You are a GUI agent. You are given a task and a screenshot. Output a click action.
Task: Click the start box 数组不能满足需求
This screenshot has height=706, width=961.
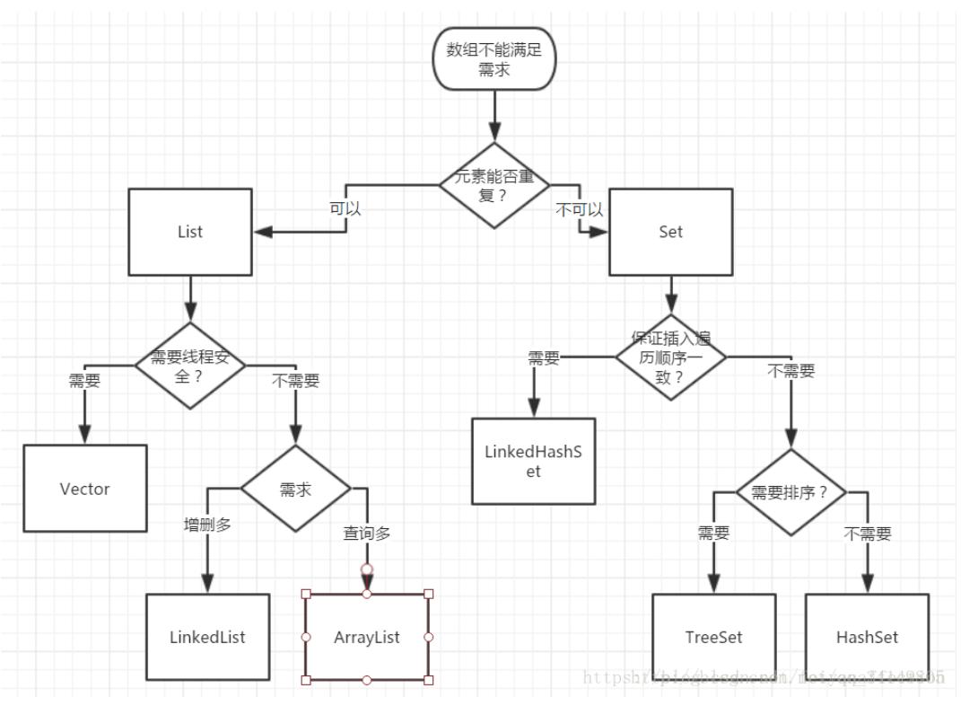(494, 59)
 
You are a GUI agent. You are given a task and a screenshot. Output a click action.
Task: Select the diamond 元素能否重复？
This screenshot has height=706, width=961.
(494, 186)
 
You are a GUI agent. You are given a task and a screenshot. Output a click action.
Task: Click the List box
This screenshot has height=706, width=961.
(190, 232)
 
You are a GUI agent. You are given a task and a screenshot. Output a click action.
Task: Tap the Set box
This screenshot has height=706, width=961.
(670, 232)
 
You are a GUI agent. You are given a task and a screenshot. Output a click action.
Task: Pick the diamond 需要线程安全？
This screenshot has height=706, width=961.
(190, 366)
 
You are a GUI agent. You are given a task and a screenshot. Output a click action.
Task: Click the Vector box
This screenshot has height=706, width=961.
(84, 490)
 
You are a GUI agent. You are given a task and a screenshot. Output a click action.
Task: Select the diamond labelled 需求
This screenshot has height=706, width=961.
(295, 490)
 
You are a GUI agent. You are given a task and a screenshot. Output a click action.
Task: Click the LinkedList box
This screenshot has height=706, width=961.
(207, 637)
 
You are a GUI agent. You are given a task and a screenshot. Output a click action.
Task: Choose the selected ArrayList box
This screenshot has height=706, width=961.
(367, 637)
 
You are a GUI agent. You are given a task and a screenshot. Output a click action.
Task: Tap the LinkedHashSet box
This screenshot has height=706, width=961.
(533, 461)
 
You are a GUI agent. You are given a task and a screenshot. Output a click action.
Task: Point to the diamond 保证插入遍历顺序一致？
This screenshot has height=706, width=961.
(670, 357)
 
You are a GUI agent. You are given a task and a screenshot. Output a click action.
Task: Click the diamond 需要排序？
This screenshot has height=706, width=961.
(791, 492)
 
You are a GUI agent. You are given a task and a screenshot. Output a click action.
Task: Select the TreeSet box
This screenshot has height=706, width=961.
(713, 637)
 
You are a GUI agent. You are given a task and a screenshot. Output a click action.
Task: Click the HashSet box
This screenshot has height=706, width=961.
(867, 637)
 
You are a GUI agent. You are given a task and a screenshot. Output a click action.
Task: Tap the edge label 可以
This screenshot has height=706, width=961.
(345, 209)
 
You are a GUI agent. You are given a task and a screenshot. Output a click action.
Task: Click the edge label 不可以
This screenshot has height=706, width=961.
(579, 209)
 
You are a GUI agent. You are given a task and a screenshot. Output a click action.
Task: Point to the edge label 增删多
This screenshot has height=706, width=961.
(207, 525)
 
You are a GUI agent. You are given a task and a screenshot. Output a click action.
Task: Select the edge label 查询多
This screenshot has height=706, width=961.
(367, 533)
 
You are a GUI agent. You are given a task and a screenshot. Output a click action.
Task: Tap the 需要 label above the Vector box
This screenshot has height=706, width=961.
(84, 380)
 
